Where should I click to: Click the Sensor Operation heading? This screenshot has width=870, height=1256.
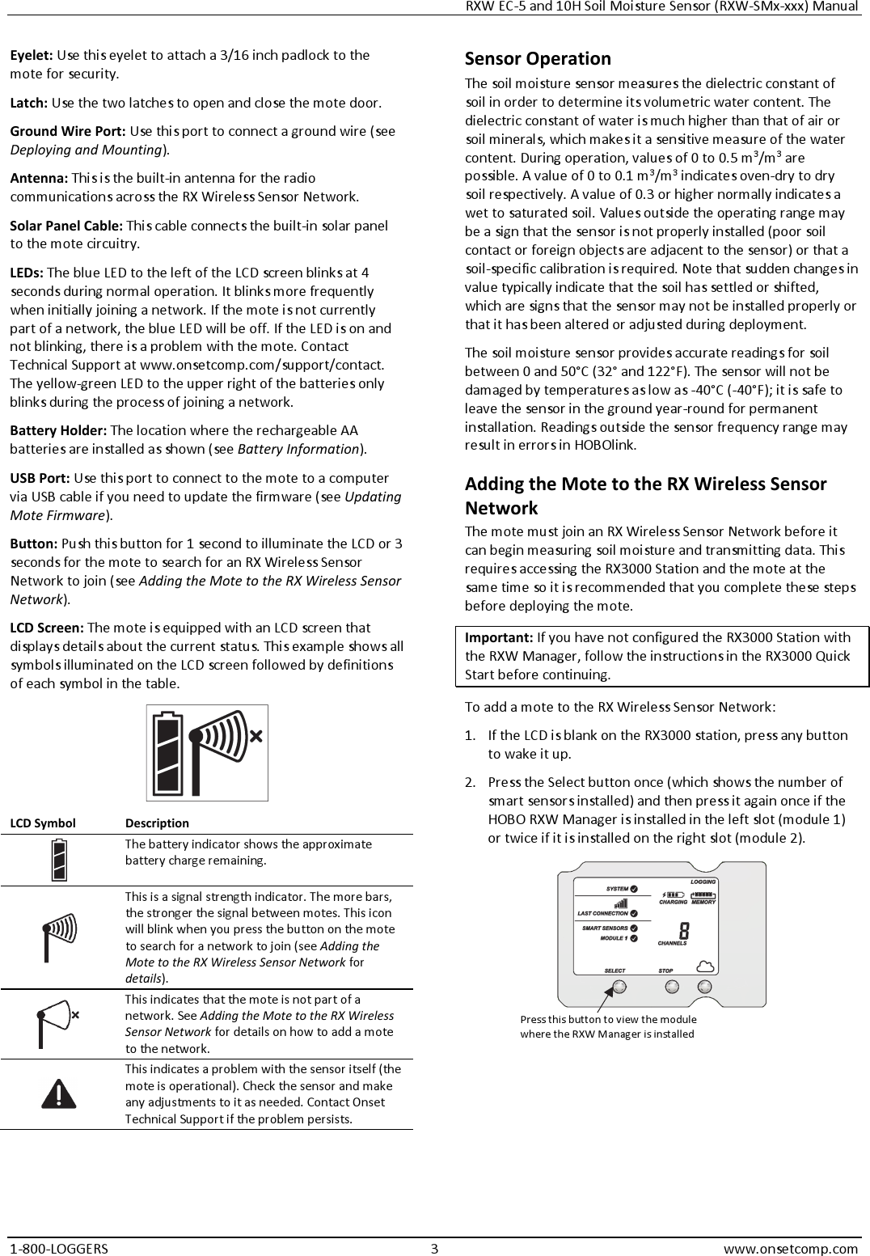[x=538, y=59]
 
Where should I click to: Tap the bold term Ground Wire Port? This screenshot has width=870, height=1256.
[x=67, y=131]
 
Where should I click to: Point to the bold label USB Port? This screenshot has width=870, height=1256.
[x=40, y=478]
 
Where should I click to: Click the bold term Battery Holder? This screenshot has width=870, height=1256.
[x=58, y=430]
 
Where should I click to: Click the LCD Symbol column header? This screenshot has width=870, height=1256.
[x=43, y=823]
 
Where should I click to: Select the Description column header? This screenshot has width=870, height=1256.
[x=157, y=823]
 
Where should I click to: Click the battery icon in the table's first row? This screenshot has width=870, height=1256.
[x=59, y=860]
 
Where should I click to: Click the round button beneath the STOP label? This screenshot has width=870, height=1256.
[x=670, y=987]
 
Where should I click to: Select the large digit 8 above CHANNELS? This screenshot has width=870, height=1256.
[x=684, y=931]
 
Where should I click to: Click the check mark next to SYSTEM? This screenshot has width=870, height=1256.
[x=634, y=890]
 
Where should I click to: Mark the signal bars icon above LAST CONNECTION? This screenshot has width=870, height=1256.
[x=620, y=904]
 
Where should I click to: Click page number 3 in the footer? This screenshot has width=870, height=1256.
[x=434, y=1248]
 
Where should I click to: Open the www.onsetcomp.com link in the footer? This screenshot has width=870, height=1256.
[x=790, y=1248]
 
